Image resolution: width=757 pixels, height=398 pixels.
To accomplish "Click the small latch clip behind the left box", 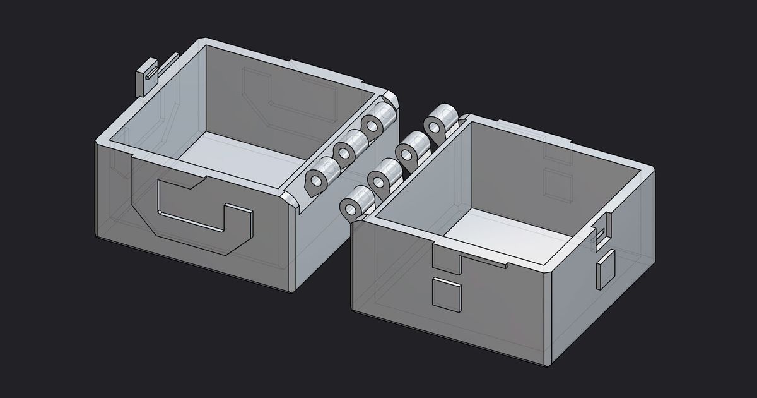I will [x=146, y=76].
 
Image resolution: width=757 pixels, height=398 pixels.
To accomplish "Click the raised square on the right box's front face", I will [x=446, y=294].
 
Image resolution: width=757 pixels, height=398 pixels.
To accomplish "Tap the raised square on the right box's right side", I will [x=606, y=270].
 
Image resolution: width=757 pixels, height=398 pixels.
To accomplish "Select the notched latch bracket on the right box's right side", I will [x=602, y=231].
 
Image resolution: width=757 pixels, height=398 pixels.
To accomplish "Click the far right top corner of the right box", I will [x=653, y=169].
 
